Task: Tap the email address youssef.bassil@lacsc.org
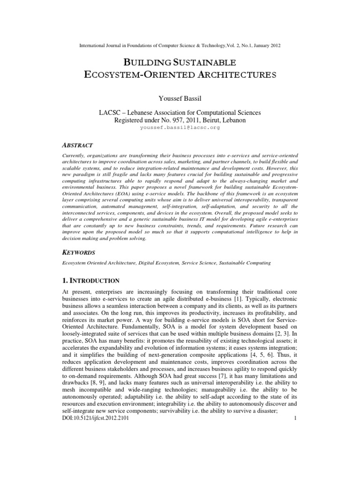coord(180,127)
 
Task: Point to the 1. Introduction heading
coord(91,280)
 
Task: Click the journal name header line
coord(180,45)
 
